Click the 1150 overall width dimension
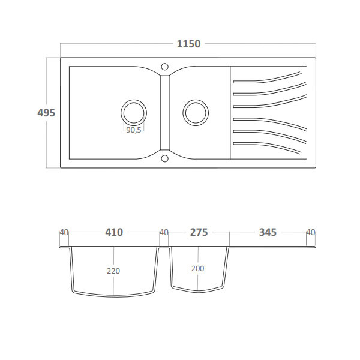[x=188, y=44]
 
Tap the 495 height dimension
[x=46, y=113]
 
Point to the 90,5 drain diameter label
[x=134, y=130]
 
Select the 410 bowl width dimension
[x=114, y=232]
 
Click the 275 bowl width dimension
[x=199, y=232]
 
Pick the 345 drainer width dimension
[x=268, y=232]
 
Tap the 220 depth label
[x=113, y=271]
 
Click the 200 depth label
[x=197, y=269]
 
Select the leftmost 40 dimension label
[x=64, y=233]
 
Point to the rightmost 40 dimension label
[x=311, y=233]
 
